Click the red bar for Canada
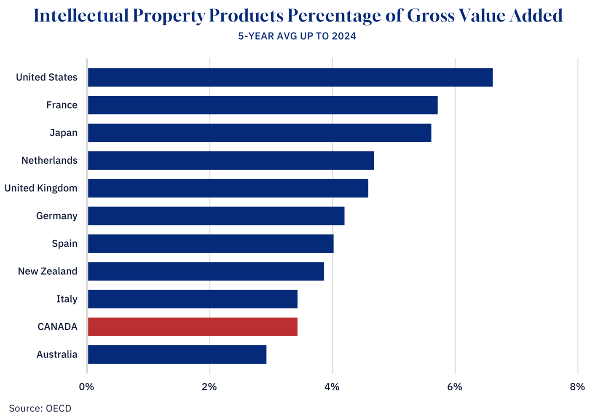point(193,327)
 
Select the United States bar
point(290,77)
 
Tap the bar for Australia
point(177,354)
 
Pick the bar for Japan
point(259,133)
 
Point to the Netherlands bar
point(231,160)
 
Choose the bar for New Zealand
point(206,271)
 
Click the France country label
point(62,105)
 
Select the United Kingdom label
point(41,188)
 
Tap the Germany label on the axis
point(56,216)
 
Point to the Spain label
point(64,243)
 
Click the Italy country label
point(67,299)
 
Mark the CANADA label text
point(57,327)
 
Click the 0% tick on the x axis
point(87,387)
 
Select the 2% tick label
point(209,387)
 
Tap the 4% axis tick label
point(332,387)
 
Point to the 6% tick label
point(455,387)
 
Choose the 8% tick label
point(577,387)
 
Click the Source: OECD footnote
point(40,408)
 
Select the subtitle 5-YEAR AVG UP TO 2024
point(297,36)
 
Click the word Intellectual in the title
point(80,16)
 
